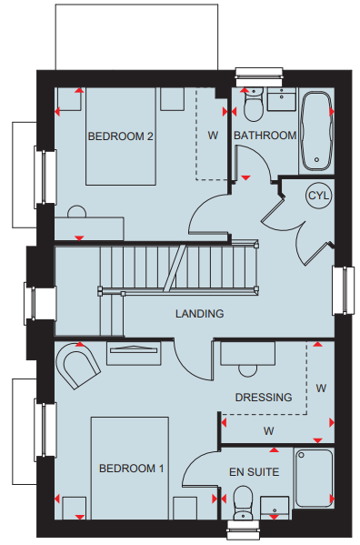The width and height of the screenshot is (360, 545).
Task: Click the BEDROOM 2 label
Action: [120, 136]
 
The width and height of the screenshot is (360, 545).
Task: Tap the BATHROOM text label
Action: [265, 136]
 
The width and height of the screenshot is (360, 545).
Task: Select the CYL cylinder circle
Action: [319, 196]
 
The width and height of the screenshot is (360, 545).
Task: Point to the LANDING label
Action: [200, 314]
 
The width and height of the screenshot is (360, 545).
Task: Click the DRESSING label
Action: [264, 398]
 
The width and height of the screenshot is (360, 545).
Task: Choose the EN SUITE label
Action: [255, 472]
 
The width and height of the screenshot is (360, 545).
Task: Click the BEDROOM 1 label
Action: [131, 469]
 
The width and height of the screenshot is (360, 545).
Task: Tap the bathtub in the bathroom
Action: [316, 131]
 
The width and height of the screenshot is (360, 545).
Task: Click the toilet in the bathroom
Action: [254, 104]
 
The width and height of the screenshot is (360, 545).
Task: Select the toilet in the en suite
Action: [243, 503]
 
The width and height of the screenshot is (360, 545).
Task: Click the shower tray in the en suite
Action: [314, 478]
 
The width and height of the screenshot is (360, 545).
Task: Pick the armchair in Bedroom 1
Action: [77, 366]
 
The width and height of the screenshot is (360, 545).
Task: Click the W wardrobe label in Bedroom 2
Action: [213, 136]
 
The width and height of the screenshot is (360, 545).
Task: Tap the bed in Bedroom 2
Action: [121, 136]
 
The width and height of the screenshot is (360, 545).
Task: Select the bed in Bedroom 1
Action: [130, 469]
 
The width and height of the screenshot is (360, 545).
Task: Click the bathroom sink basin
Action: [282, 99]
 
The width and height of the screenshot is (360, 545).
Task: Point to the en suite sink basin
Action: [275, 509]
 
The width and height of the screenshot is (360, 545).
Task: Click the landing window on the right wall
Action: [344, 290]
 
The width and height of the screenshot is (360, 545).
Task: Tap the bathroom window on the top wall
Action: [259, 76]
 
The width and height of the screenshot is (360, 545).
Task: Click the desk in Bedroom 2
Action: [89, 228]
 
